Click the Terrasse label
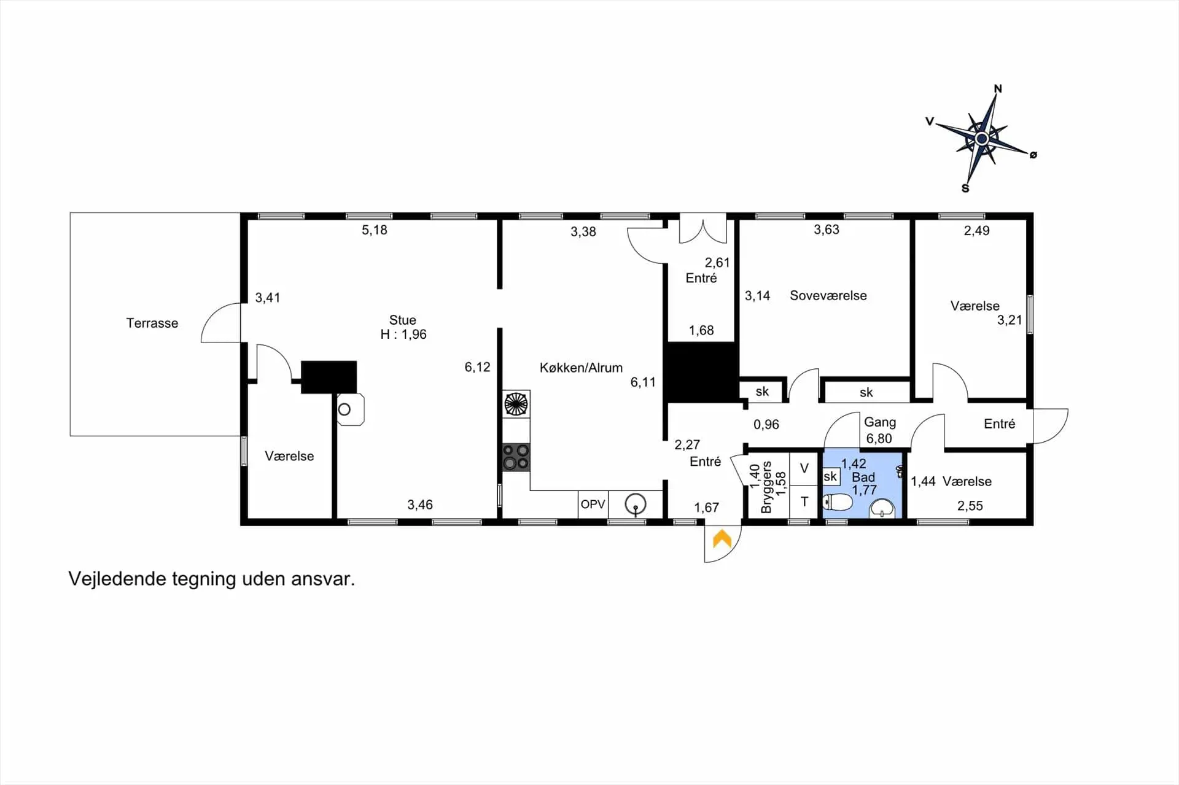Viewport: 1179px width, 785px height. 152,323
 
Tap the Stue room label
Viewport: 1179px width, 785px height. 402,320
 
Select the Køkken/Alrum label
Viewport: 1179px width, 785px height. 581,368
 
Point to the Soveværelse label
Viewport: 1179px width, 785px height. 828,295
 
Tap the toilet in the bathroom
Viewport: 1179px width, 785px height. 838,502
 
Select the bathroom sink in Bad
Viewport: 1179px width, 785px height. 882,508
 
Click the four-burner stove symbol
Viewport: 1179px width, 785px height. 516,457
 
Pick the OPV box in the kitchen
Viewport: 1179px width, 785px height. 593,505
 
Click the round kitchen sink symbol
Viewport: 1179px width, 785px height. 636,505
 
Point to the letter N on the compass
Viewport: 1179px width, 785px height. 998,89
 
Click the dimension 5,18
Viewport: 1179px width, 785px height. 375,230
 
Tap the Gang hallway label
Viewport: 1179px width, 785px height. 880,422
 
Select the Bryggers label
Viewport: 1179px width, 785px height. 766,487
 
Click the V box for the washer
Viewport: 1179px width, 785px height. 804,469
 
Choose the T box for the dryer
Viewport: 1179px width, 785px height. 804,502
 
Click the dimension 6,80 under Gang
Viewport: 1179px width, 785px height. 879,439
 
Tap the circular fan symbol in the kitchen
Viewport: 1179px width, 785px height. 516,404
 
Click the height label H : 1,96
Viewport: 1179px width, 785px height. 403,334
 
